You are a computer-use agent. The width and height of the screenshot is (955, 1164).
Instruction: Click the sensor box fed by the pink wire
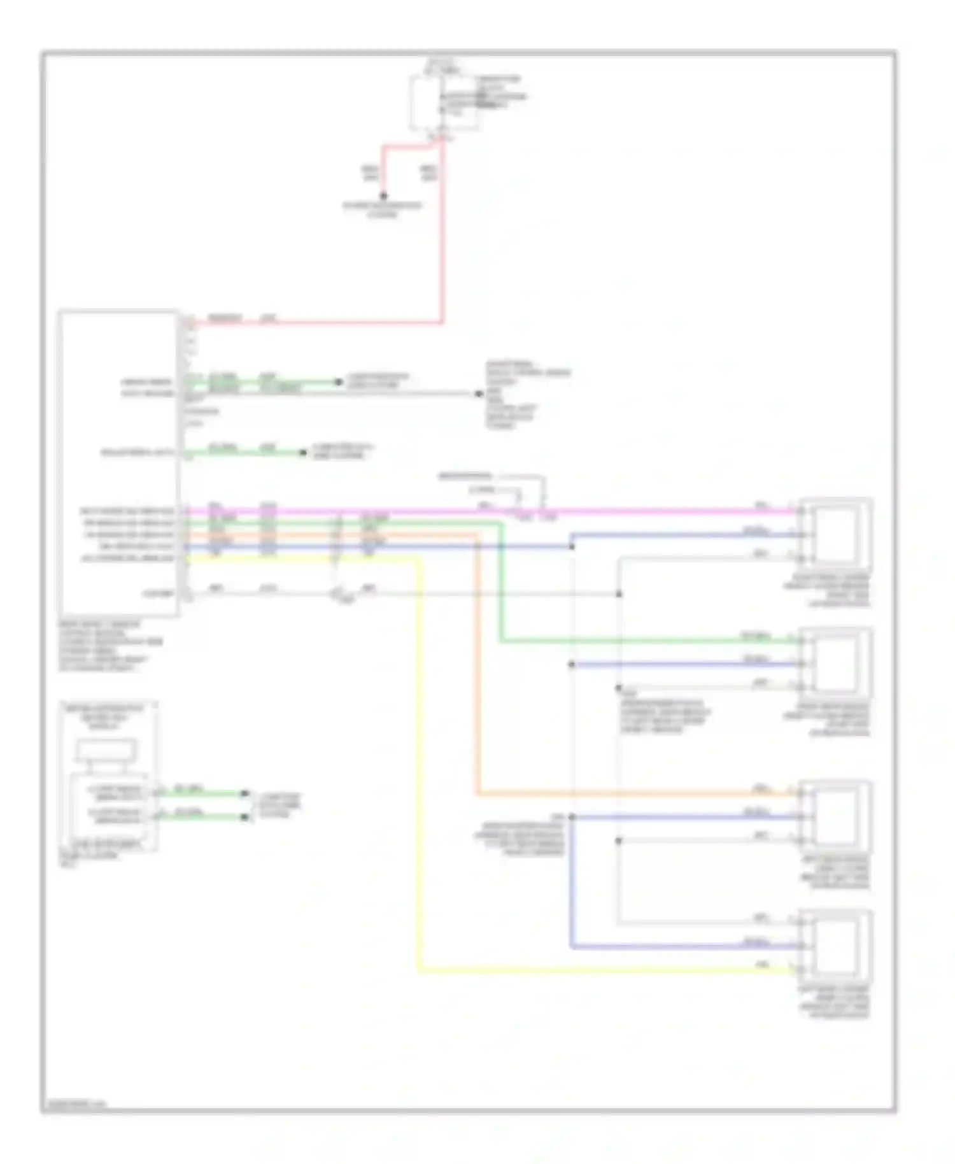tap(835, 534)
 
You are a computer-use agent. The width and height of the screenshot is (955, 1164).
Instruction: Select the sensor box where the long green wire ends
tap(835, 663)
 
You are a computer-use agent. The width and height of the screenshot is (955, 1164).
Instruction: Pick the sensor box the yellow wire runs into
tap(835, 946)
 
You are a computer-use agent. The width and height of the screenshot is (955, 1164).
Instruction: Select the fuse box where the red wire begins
tap(444, 102)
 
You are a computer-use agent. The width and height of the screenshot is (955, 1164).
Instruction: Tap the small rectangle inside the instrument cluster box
tap(106, 750)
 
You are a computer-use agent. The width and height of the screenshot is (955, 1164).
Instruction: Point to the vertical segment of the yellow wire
tap(419, 764)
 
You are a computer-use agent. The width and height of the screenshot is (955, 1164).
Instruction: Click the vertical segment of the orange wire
tap(477, 669)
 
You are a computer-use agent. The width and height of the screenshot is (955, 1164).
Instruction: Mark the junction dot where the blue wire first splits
tap(572, 546)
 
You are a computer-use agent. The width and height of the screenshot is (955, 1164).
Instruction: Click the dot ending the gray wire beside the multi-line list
tap(478, 394)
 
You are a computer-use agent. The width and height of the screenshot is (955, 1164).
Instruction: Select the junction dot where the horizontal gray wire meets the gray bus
tap(618, 594)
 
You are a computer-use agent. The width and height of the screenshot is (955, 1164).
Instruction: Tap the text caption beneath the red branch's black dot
tap(383, 210)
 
